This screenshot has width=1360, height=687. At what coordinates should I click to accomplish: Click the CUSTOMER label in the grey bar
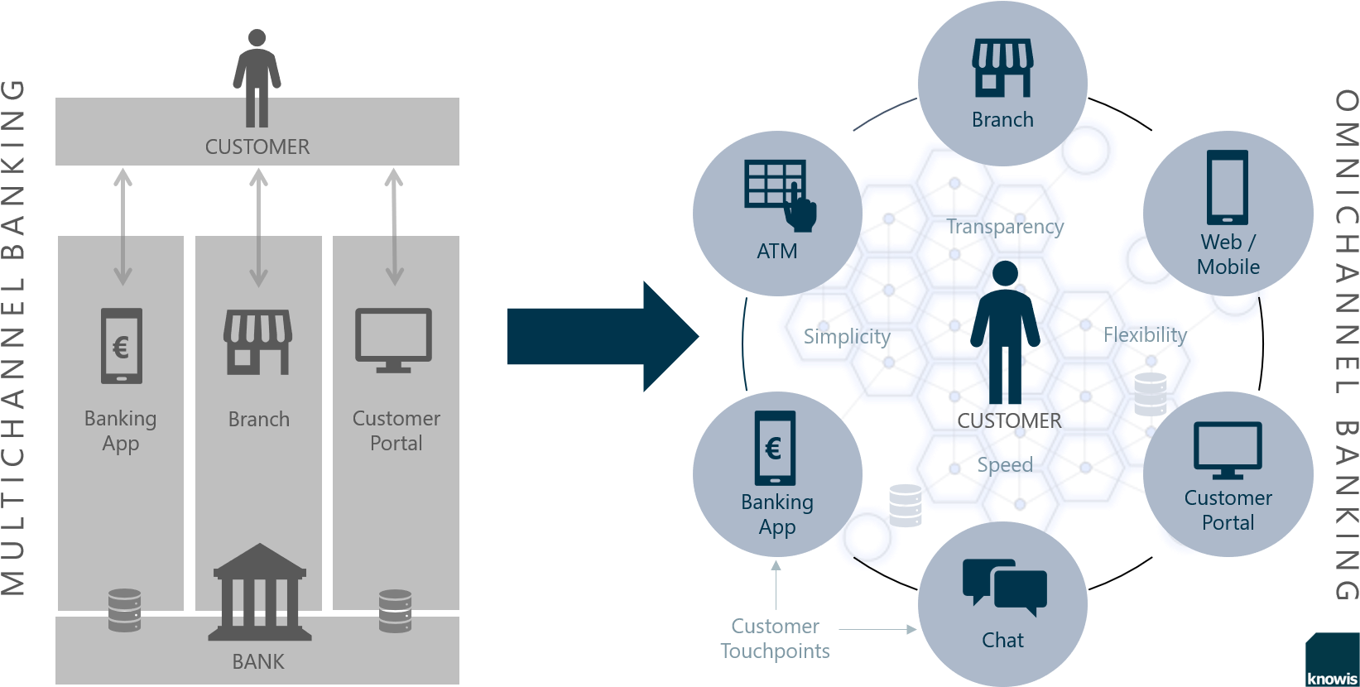(257, 147)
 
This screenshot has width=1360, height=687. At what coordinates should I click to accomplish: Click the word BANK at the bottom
(258, 661)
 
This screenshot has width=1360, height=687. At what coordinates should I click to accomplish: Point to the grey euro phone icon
(122, 346)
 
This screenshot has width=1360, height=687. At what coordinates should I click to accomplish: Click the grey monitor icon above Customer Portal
(393, 340)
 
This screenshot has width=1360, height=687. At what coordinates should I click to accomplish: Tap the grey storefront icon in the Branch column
(258, 342)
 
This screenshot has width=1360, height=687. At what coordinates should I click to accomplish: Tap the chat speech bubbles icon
(1004, 587)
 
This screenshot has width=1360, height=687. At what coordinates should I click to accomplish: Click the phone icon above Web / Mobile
(1228, 187)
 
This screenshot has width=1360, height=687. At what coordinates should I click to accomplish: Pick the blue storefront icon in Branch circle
(1002, 68)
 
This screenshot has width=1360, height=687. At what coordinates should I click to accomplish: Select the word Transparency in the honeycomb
(1005, 226)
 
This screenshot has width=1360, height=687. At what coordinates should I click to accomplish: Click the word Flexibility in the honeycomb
(1145, 335)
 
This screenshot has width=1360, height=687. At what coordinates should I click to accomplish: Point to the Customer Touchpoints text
(775, 638)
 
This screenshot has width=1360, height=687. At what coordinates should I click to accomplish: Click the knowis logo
(1332, 677)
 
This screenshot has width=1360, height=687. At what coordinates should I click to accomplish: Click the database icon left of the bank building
(124, 610)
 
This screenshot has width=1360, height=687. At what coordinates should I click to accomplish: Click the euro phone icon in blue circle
(776, 448)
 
